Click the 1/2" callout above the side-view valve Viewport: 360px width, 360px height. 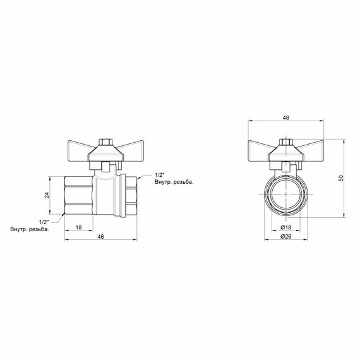click(160, 174)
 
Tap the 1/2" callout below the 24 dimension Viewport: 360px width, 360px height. click(44, 222)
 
